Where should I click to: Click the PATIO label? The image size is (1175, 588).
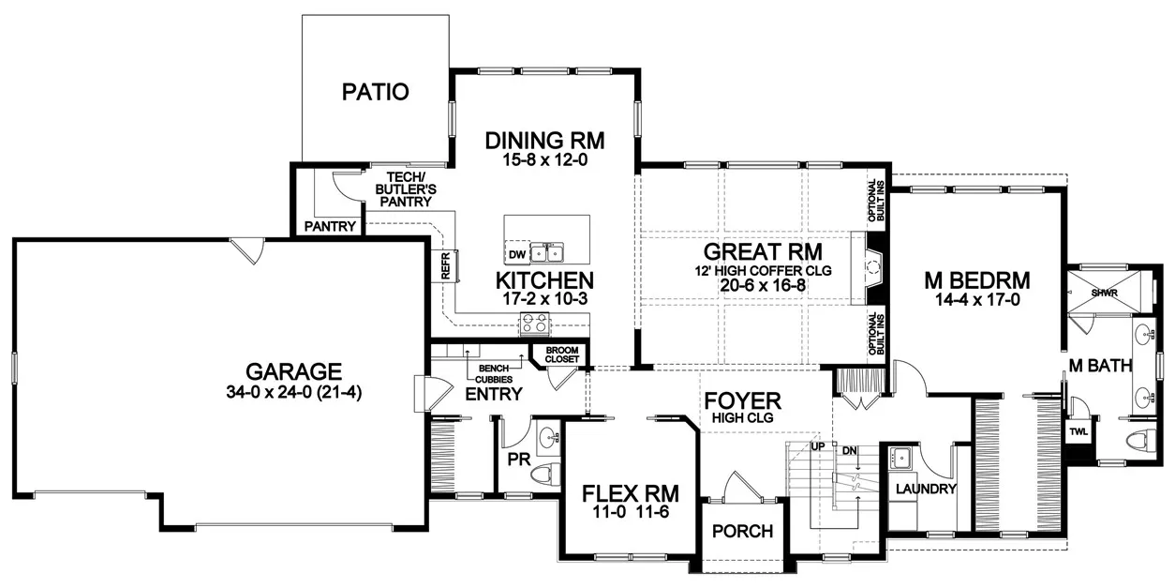(375, 92)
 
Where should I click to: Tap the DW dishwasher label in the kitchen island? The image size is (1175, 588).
(516, 254)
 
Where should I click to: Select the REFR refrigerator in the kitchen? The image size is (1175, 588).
(447, 265)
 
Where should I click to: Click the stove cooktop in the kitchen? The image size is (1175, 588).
(535, 324)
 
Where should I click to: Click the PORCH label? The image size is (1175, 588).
(742, 532)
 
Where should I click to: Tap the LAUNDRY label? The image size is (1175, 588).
(925, 489)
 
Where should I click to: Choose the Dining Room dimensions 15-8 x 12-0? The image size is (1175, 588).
(544, 160)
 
